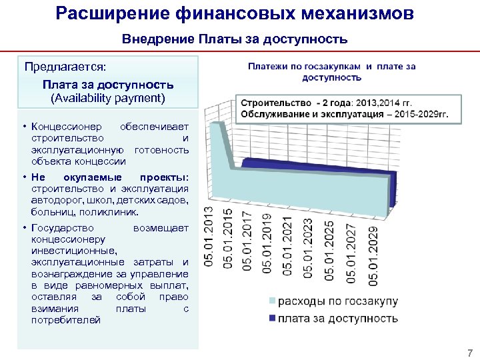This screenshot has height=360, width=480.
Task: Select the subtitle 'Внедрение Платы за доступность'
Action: [235, 39]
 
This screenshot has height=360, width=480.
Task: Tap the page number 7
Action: [469, 353]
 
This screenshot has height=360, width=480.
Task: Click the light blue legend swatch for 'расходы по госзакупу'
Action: [272, 301]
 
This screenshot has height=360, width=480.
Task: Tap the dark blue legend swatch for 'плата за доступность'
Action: [272, 319]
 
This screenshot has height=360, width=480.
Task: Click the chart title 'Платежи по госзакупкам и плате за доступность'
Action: [332, 72]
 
